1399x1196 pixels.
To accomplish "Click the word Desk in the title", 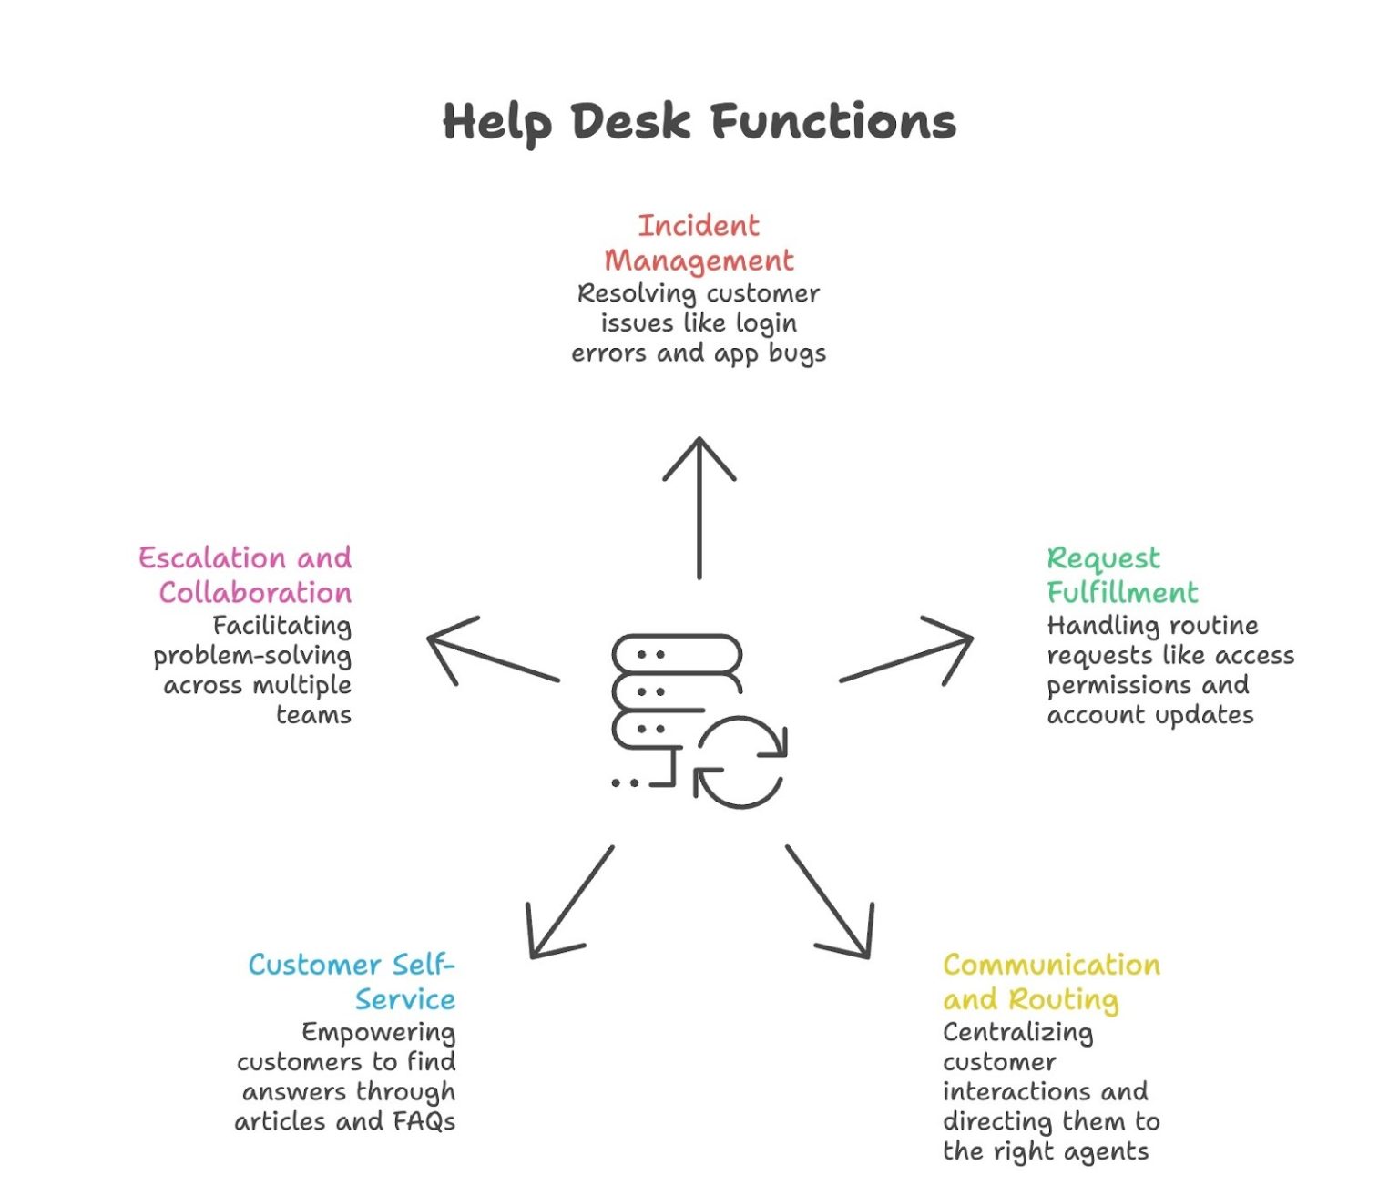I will (x=629, y=121).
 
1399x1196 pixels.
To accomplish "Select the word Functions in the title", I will (x=832, y=121).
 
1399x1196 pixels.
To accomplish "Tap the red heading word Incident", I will (x=699, y=225).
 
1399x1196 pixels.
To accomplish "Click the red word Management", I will (x=699, y=261).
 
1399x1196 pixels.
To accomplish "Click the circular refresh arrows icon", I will (x=740, y=763).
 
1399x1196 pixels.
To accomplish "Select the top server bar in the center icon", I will (x=676, y=654).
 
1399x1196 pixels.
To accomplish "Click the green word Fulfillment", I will (x=1122, y=593).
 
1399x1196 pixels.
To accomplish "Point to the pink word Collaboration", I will (x=255, y=593).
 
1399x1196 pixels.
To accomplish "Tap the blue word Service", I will (x=405, y=999).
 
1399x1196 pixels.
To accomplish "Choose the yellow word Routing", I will (x=1063, y=999).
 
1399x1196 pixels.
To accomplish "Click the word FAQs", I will (x=424, y=1121).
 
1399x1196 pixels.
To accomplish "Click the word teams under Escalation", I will (x=313, y=715).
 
